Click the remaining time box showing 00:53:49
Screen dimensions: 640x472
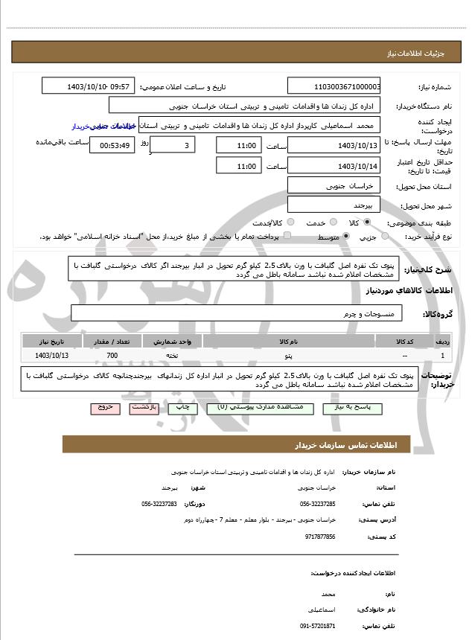[112, 145]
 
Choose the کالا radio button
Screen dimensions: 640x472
[367, 223]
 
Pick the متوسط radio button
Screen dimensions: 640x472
[344, 237]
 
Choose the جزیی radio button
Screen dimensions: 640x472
[385, 237]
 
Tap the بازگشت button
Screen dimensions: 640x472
[144, 409]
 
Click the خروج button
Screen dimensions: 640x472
[104, 409]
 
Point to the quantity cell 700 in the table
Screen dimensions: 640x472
[112, 356]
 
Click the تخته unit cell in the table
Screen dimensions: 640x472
[170, 356]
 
